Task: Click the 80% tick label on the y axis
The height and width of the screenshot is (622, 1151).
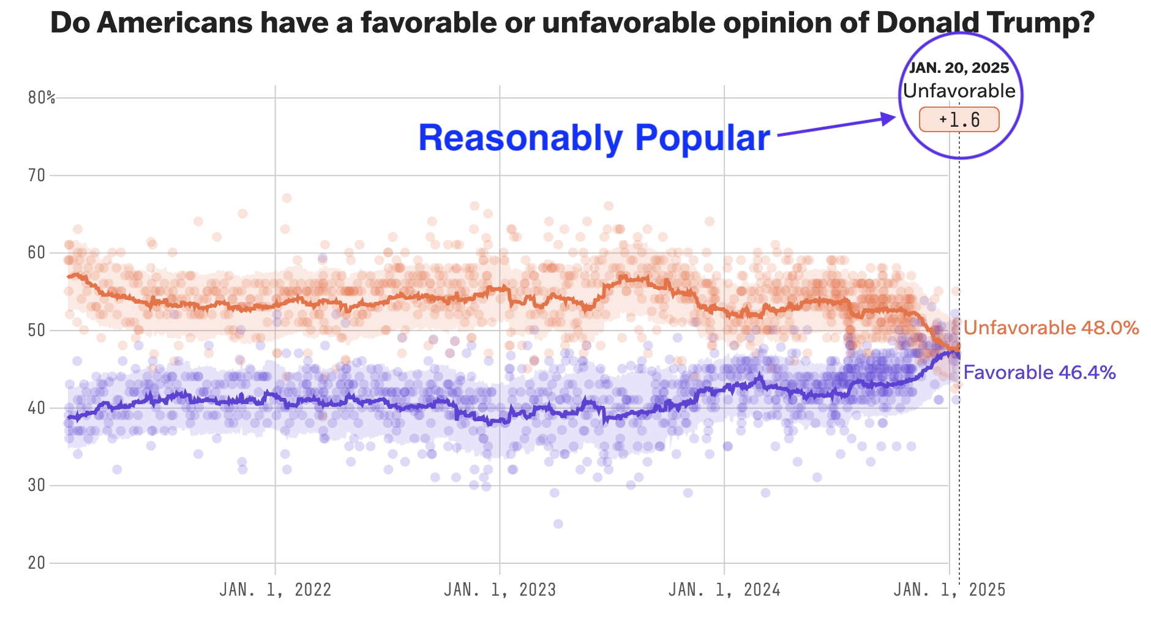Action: pyautogui.click(x=41, y=98)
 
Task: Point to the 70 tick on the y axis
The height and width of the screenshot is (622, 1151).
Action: pyautogui.click(x=37, y=176)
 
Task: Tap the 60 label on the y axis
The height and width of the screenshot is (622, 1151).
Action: pyautogui.click(x=37, y=253)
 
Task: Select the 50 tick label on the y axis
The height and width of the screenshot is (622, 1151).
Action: pyautogui.click(x=37, y=331)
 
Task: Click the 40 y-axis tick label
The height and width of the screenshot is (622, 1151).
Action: pyautogui.click(x=37, y=408)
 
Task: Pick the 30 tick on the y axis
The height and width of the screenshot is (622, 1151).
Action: pyautogui.click(x=37, y=485)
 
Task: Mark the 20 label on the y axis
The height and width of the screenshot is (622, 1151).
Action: pyautogui.click(x=37, y=563)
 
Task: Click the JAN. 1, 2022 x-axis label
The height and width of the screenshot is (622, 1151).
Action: pyautogui.click(x=276, y=590)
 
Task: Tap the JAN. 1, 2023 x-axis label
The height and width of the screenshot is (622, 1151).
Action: pyautogui.click(x=500, y=590)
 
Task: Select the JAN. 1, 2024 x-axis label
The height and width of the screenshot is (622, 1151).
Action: pyautogui.click(x=724, y=590)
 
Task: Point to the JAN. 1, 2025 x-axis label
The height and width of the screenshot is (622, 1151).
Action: pyautogui.click(x=949, y=590)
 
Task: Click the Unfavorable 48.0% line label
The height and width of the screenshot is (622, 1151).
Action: pyautogui.click(x=1051, y=328)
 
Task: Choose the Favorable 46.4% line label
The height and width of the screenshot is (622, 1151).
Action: pyautogui.click(x=1039, y=372)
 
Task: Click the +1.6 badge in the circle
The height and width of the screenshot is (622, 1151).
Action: pyautogui.click(x=959, y=119)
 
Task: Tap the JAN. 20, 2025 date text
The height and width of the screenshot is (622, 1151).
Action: pyautogui.click(x=959, y=68)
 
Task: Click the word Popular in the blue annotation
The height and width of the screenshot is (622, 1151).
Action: pyautogui.click(x=702, y=138)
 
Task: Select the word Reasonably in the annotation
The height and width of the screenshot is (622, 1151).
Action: pyautogui.click(x=520, y=138)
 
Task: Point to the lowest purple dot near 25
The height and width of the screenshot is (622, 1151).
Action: pyautogui.click(x=558, y=523)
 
